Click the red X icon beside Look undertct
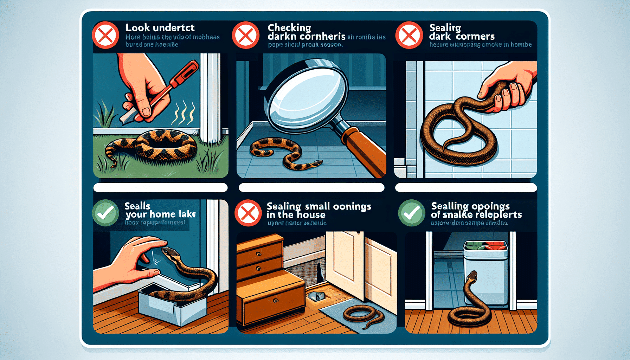pyautogui.click(x=105, y=35)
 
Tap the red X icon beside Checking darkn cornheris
pyautogui.click(x=245, y=35)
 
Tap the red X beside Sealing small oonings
pyautogui.click(x=248, y=213)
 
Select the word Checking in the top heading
pyautogui.click(x=289, y=28)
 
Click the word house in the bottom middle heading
pyautogui.click(x=310, y=215)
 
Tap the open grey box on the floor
pyautogui.click(x=172, y=306)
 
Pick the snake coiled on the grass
pyautogui.click(x=155, y=146)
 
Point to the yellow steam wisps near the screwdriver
pyautogui.click(x=183, y=112)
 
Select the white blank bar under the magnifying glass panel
pyautogui.click(x=311, y=187)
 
